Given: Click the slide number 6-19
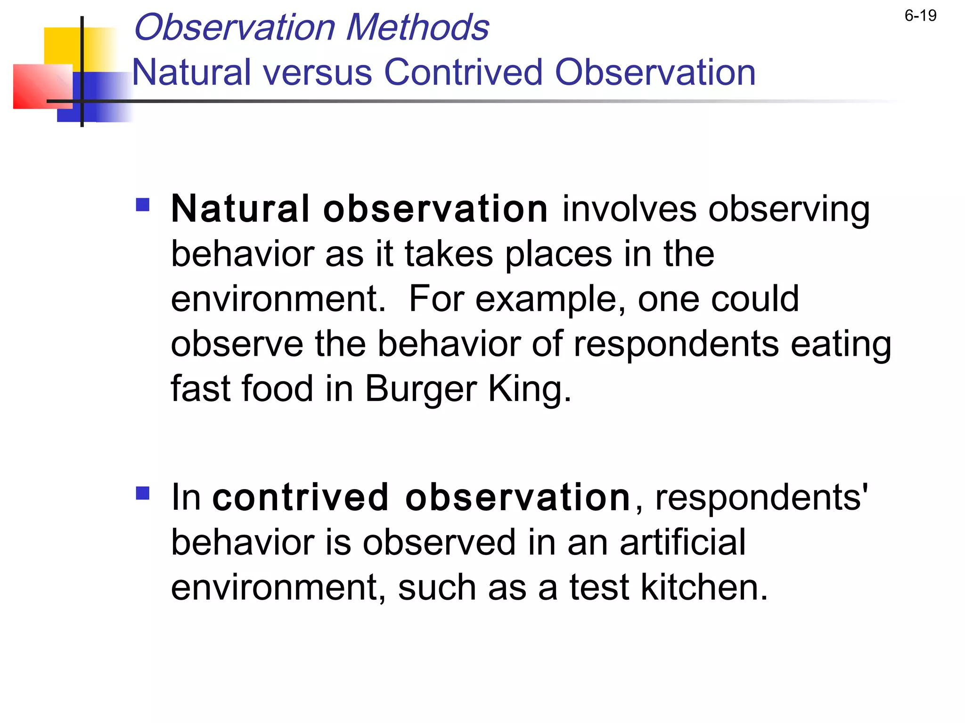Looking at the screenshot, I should coord(920,16).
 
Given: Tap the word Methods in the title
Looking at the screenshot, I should coord(417,27).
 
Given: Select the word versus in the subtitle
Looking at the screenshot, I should coord(318,72).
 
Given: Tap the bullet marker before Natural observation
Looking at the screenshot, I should coord(142,205).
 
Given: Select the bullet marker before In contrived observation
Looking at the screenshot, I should coord(142,493).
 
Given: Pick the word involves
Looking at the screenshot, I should coord(629,209).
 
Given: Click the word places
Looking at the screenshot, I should coord(559,255).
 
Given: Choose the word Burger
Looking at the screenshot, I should coord(421,389).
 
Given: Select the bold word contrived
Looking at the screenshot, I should coord(300,498).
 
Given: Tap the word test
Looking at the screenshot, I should coord(599,588).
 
